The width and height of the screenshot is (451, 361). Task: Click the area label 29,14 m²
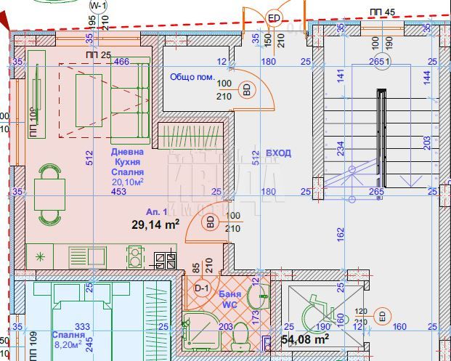155,225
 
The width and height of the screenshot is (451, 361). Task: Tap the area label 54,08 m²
305,339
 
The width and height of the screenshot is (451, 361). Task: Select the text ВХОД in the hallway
278,153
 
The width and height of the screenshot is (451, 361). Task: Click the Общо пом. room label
191,76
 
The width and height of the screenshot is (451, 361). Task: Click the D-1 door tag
202,288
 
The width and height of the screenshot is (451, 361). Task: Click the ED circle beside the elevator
382,315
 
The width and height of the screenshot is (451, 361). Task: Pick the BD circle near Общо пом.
247,90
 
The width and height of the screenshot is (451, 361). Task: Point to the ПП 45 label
382,12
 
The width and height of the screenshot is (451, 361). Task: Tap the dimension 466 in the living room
122,62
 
